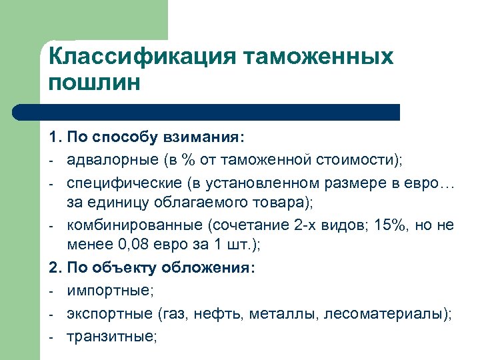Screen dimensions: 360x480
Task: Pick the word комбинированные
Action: point(125,225)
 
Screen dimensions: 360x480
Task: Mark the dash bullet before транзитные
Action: point(51,336)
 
